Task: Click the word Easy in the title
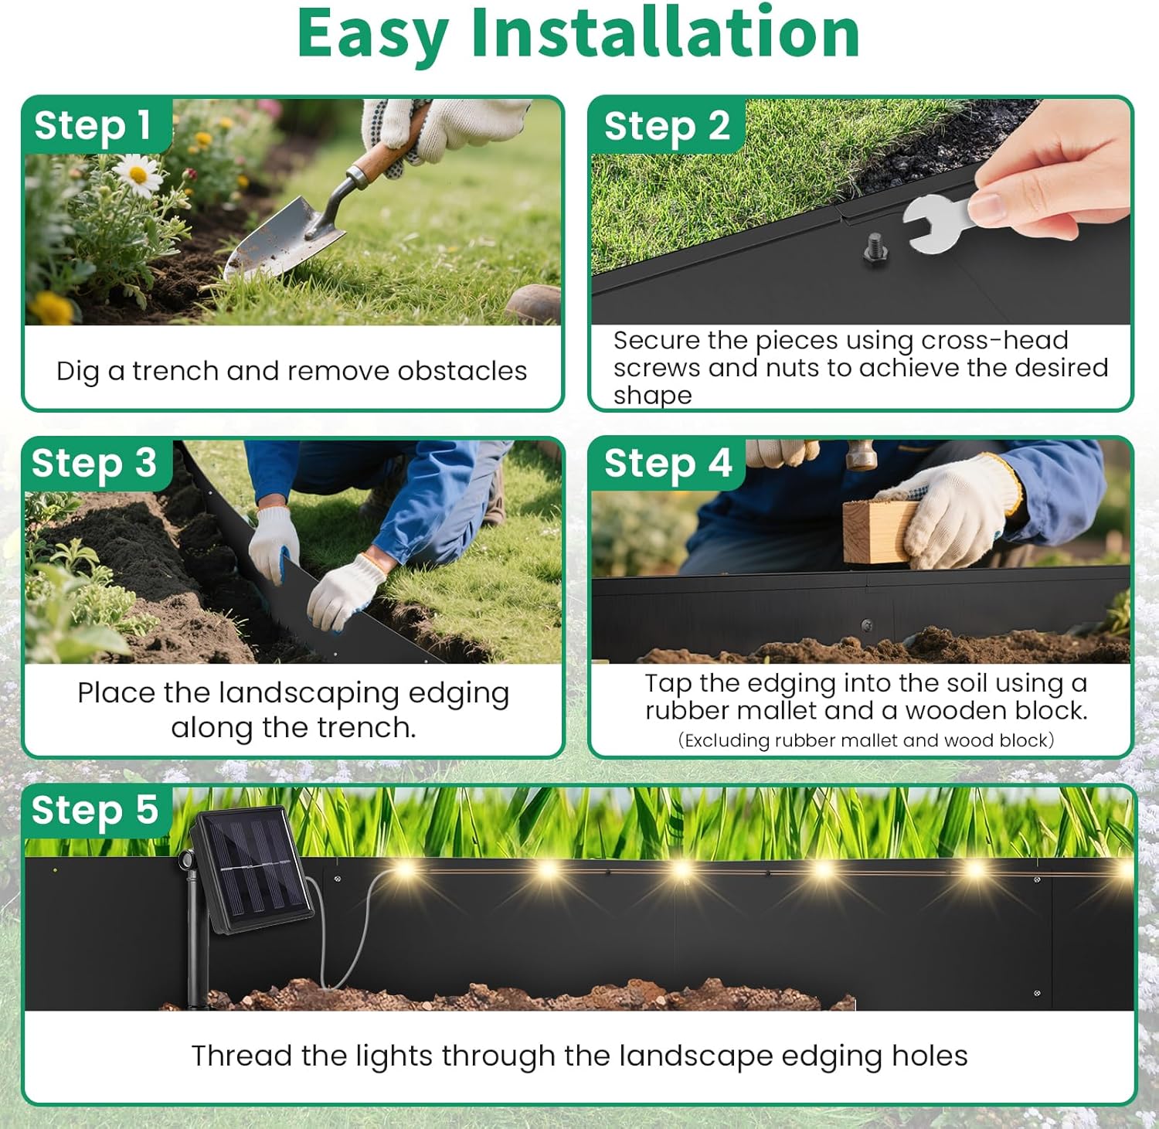pyautogui.click(x=372, y=34)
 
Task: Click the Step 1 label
pyautogui.click(x=93, y=125)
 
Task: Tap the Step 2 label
pyautogui.click(x=667, y=126)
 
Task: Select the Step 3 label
pyautogui.click(x=93, y=464)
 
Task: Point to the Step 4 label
pyautogui.click(x=668, y=464)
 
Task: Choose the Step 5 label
pyautogui.click(x=94, y=811)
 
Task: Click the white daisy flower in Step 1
pyautogui.click(x=138, y=174)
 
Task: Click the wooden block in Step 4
pyautogui.click(x=877, y=531)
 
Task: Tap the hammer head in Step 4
pyautogui.click(x=860, y=457)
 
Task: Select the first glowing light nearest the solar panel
pyautogui.click(x=403, y=871)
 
